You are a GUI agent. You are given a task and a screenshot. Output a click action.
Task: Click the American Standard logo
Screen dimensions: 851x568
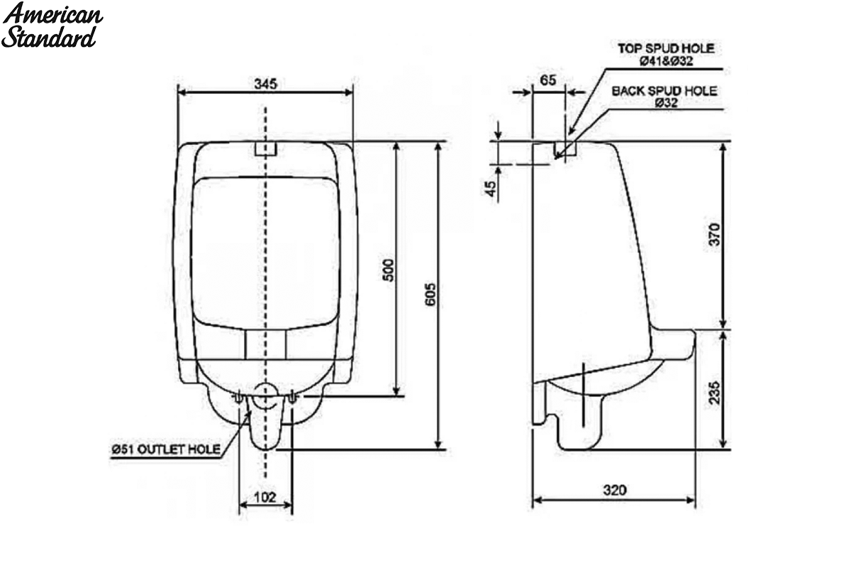coord(52,25)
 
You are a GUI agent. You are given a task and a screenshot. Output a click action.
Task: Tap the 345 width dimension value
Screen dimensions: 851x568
coord(265,84)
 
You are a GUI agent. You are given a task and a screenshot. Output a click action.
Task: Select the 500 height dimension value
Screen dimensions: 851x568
coord(389,270)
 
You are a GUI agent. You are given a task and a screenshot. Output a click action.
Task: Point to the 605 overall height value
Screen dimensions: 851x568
coord(430,294)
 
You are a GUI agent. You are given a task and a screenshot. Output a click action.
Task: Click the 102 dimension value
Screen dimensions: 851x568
coord(265,497)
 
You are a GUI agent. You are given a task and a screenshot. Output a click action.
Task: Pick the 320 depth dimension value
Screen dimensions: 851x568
coord(614,490)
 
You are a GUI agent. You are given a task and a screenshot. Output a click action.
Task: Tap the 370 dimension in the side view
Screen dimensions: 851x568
coord(714,235)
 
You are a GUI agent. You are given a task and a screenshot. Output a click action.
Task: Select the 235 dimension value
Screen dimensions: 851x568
coord(714,393)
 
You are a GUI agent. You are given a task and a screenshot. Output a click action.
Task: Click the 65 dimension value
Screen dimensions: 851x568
coord(547,80)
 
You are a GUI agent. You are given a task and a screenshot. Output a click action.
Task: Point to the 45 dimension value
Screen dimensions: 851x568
coord(491,189)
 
